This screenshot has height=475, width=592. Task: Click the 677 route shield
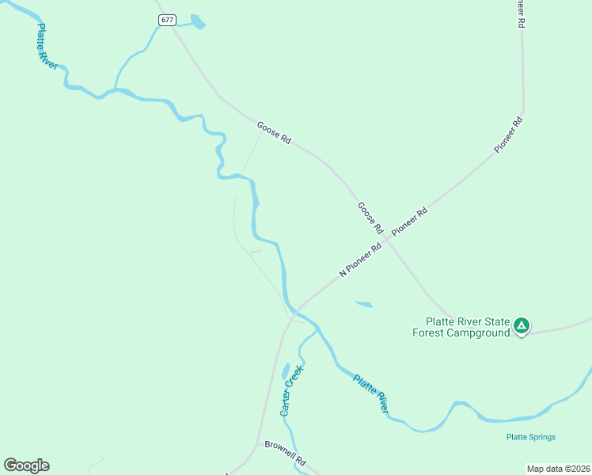click(x=166, y=21)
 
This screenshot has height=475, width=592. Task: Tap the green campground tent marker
click(x=521, y=325)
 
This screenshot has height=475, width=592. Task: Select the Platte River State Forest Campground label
click(x=466, y=328)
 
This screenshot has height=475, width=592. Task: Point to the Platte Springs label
click(x=531, y=437)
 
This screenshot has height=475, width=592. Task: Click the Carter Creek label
click(x=291, y=390)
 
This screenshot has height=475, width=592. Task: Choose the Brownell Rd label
click(x=285, y=452)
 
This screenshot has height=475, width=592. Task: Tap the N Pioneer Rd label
click(x=360, y=260)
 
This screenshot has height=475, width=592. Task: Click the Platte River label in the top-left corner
click(x=47, y=47)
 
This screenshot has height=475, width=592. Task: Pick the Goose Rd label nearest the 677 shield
click(x=274, y=132)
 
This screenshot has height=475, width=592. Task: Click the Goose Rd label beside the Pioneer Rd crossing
click(x=370, y=218)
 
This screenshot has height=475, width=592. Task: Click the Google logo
click(x=26, y=465)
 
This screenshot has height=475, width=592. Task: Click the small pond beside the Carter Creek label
click(x=285, y=371)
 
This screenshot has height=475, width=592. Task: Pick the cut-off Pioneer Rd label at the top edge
click(x=520, y=14)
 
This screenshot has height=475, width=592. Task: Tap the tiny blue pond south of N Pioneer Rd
click(x=364, y=304)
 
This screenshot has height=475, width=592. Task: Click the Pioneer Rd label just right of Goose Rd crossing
click(x=410, y=220)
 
